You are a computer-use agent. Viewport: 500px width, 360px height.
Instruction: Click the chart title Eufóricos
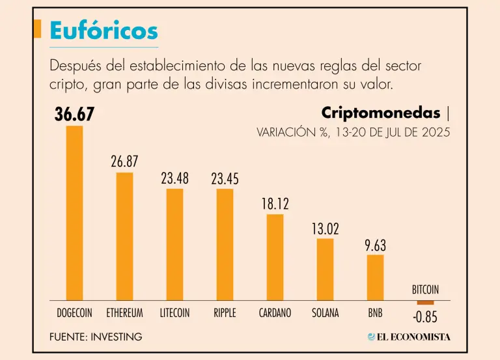tap(104, 30)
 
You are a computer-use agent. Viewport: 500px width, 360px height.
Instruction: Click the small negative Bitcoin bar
tap(425, 302)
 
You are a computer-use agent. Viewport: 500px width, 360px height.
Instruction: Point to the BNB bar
tap(375, 277)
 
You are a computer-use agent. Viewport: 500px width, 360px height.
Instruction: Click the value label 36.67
tap(75, 115)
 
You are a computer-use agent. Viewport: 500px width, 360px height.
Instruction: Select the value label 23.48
tap(174, 178)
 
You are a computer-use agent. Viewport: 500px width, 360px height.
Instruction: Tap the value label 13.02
tap(325, 228)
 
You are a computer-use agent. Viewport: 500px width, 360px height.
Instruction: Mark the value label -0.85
tap(425, 318)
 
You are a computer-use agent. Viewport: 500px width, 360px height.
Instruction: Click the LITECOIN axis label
tap(174, 312)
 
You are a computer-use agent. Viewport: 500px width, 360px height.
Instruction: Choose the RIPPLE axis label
tap(225, 312)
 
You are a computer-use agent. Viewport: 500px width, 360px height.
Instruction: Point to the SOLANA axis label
tap(325, 312)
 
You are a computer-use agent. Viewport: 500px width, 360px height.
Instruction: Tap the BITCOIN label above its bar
tap(425, 290)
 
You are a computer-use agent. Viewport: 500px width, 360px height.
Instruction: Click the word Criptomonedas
tap(381, 113)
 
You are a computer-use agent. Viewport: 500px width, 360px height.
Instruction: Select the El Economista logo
tap(409, 337)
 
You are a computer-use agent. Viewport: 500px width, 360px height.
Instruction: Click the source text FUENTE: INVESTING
tap(95, 337)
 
